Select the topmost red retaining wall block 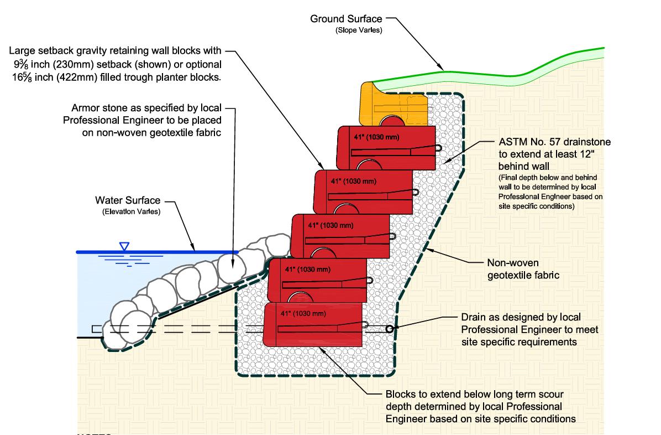[387, 148]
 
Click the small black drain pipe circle [390, 329]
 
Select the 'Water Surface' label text [128, 200]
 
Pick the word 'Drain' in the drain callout [473, 317]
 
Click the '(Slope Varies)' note [359, 30]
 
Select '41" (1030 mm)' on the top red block [375, 136]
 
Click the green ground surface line [442, 71]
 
